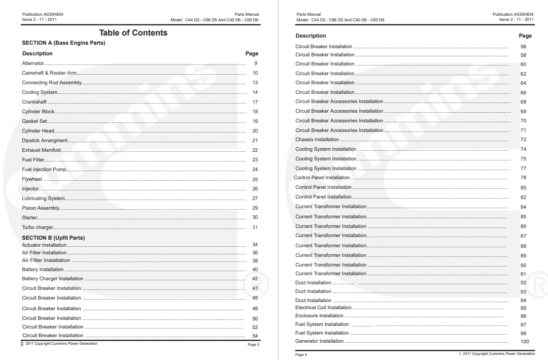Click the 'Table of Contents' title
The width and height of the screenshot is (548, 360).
point(133,33)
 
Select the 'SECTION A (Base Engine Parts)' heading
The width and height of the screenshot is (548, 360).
point(63,43)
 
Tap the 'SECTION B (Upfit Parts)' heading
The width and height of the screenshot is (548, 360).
point(53,238)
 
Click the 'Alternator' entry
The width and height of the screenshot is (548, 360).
point(33,63)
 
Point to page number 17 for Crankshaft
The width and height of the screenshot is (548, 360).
point(255,102)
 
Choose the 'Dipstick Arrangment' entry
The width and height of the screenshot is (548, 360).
point(45,141)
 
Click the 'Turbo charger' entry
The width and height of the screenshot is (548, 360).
point(38,227)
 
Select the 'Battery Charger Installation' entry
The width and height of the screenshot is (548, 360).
point(52,279)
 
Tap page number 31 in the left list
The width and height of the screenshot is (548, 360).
point(255,227)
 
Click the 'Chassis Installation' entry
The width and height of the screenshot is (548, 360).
point(317,140)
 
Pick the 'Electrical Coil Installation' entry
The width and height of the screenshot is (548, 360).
point(323,308)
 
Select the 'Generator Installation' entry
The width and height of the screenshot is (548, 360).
point(319,341)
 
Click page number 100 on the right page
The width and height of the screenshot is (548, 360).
point(525,342)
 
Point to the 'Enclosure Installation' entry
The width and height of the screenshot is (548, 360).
point(319,316)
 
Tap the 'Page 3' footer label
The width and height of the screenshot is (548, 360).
point(253,345)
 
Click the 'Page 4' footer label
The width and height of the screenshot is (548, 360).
point(301,354)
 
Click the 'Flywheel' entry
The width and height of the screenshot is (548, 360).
point(32,179)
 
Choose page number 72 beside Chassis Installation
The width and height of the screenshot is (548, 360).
point(523,140)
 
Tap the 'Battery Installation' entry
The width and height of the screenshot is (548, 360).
point(43,270)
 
